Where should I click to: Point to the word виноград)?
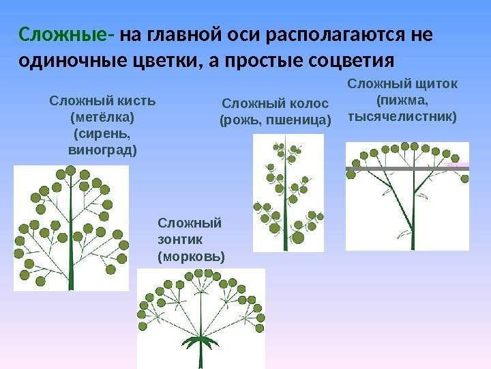tap(103, 148)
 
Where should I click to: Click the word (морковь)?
tap(190, 258)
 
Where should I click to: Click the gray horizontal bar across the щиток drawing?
tap(407, 167)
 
